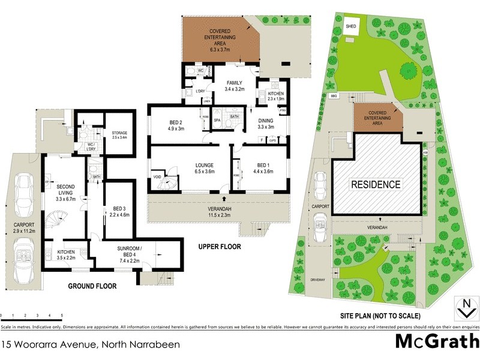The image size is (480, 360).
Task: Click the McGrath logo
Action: click(x=436, y=342)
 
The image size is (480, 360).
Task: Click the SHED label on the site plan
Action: click(x=352, y=27)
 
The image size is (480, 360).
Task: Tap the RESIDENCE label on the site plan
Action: click(x=376, y=184)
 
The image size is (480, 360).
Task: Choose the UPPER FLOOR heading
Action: click(x=220, y=247)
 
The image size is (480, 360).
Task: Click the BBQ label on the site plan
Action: click(x=335, y=96)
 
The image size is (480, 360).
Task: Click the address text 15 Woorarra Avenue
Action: click(x=90, y=344)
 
